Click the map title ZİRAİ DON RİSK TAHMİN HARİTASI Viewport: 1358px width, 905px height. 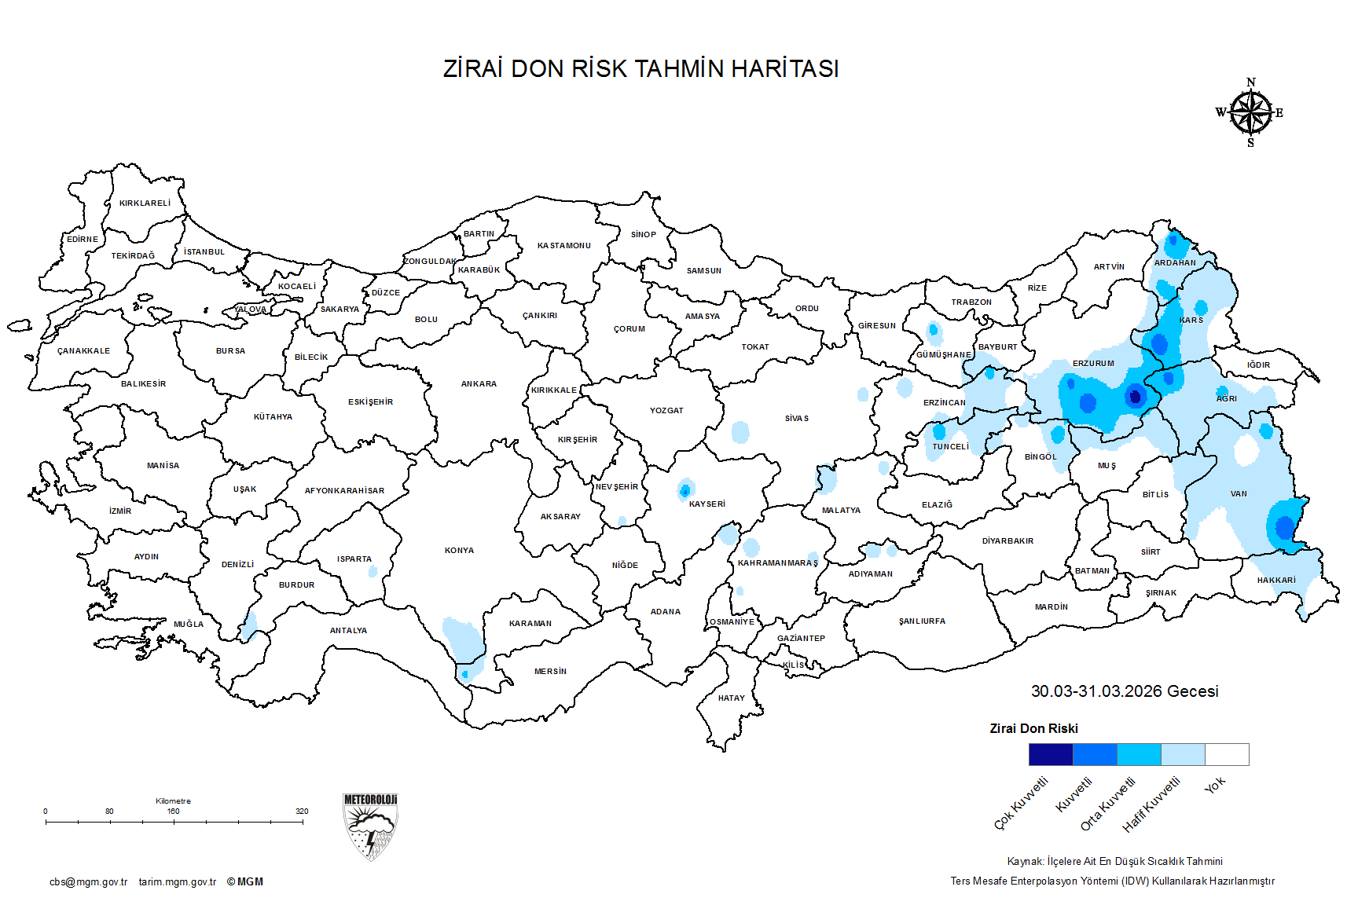coord(640,69)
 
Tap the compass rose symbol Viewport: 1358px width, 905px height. coord(1250,113)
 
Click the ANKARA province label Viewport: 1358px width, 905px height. coord(479,384)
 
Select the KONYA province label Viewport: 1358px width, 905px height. coord(459,551)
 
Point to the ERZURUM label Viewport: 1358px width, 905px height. coord(1093,364)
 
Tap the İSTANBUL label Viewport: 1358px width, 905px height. coord(204,252)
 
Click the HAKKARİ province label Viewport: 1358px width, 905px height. coord(1276,581)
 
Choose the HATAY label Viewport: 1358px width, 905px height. coord(731,698)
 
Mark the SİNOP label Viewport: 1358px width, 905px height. coord(643,235)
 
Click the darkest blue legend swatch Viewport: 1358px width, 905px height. coord(1050,754)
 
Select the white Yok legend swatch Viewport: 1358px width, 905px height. coord(1227,754)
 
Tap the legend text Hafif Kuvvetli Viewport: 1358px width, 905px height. coord(1151,804)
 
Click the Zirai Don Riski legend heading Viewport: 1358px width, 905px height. coord(1033,729)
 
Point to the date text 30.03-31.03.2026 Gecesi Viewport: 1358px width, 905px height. coord(1125,691)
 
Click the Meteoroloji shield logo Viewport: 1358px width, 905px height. coord(370,826)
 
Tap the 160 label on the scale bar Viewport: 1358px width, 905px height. coord(173,811)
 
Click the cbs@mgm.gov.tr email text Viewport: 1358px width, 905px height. coord(88,882)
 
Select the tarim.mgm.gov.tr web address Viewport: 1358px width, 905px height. coord(178,882)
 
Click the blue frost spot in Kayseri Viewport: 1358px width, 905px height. coord(685,491)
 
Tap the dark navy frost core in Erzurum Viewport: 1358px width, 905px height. coord(1135,397)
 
